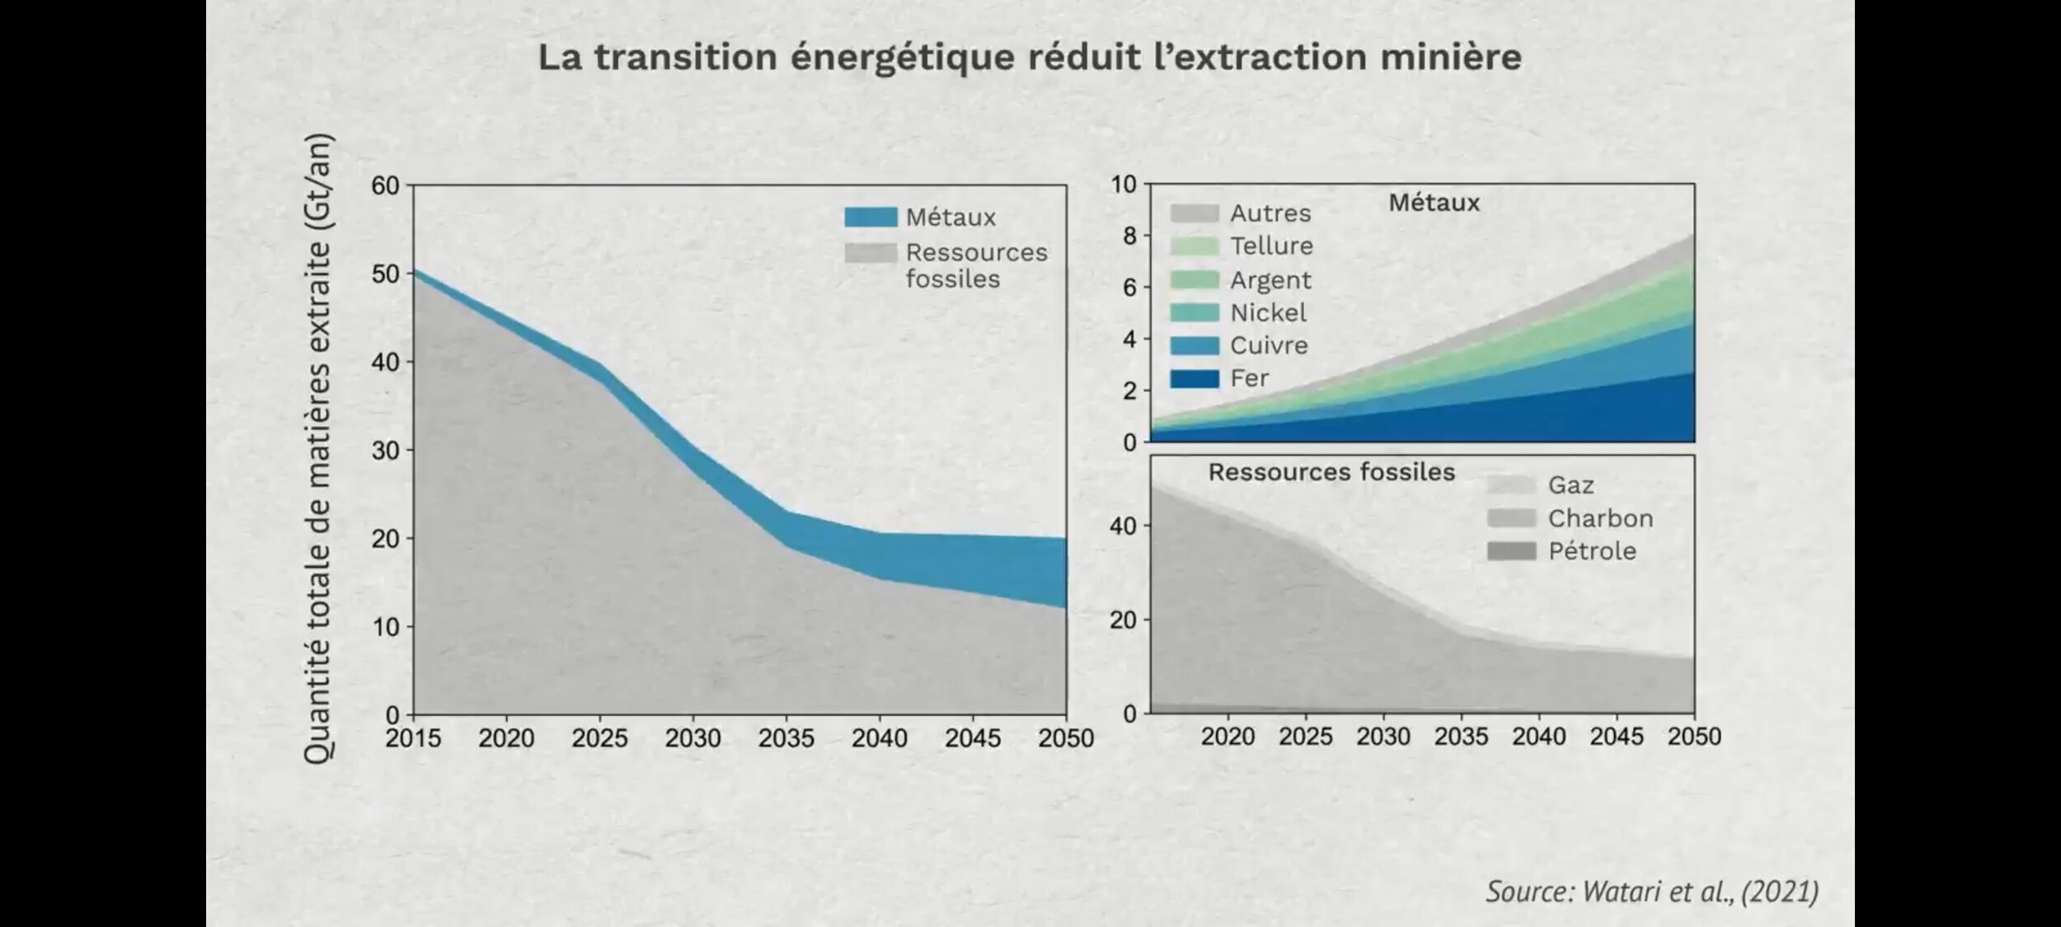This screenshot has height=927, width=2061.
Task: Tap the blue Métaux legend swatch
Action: (871, 218)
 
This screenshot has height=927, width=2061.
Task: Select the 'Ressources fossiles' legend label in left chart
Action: (976, 265)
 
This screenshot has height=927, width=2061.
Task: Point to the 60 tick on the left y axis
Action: (385, 185)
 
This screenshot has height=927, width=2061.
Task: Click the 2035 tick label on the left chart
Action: (786, 738)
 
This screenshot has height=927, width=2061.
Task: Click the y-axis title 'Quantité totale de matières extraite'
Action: (317, 449)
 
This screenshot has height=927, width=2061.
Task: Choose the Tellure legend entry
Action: (1271, 246)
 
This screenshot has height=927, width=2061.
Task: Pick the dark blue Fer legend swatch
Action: (1194, 378)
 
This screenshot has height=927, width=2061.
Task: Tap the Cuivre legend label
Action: (1269, 345)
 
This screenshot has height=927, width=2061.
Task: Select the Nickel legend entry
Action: (1268, 312)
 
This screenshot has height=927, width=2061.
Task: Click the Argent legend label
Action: (1270, 280)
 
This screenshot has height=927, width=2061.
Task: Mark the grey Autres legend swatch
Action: (1194, 213)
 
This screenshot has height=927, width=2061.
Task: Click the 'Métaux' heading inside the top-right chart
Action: (1434, 203)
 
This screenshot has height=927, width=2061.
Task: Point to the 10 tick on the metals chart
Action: (1123, 185)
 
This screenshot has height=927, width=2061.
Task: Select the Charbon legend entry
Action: (1600, 518)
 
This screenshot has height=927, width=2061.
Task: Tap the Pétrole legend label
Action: (1592, 551)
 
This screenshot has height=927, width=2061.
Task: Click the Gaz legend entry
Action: (1570, 485)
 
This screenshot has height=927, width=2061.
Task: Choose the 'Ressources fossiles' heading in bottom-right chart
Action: (1331, 472)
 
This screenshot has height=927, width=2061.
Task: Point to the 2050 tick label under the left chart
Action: (1065, 738)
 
